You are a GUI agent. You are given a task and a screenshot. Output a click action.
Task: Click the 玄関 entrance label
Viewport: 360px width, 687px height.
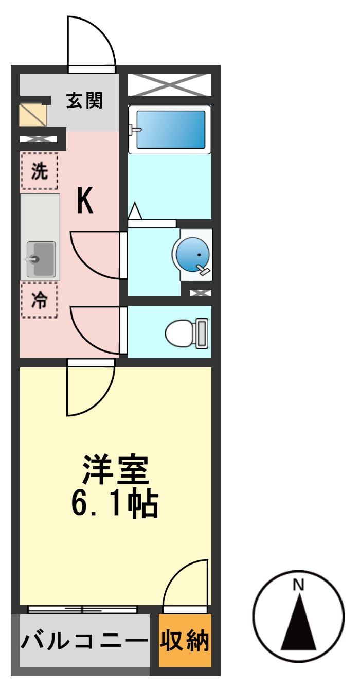click(84, 101)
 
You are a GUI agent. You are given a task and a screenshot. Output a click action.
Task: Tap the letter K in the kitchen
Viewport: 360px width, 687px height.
click(85, 201)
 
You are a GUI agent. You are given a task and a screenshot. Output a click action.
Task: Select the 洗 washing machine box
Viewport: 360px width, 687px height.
click(40, 171)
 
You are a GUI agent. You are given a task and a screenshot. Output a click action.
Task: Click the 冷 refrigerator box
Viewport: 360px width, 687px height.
click(39, 300)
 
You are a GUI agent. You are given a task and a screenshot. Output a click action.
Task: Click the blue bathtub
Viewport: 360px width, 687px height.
click(170, 129)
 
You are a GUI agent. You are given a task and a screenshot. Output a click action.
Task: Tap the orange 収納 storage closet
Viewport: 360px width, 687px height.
click(185, 641)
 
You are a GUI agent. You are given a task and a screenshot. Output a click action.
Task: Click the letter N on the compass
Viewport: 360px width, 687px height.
click(298, 585)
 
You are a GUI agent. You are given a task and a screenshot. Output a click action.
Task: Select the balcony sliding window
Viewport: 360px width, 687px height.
click(82, 610)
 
